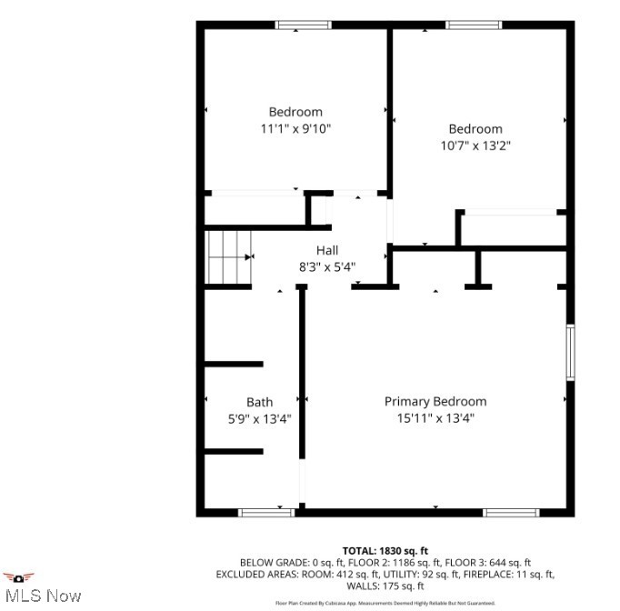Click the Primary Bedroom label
click(435, 401)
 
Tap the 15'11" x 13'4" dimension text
click(435, 418)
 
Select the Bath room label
click(259, 402)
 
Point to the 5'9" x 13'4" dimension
click(259, 419)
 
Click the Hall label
click(327, 250)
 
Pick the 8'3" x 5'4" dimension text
click(327, 267)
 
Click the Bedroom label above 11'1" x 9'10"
click(295, 112)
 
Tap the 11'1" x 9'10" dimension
click(295, 129)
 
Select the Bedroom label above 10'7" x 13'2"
click(475, 129)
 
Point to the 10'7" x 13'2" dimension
click(475, 145)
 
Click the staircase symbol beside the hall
click(228, 256)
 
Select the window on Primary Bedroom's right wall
click(570, 352)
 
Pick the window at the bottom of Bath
click(265, 513)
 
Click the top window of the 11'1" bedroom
click(304, 25)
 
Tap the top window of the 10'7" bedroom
click(473, 25)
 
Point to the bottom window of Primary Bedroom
click(511, 513)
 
